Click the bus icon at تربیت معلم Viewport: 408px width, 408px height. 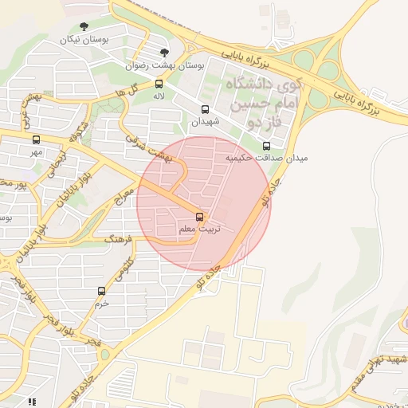(x=199, y=216)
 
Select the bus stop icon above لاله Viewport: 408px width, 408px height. (x=159, y=84)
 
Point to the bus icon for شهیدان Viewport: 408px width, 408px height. (x=205, y=110)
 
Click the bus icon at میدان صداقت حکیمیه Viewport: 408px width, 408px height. (x=266, y=146)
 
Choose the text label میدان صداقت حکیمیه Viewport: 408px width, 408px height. (x=266, y=159)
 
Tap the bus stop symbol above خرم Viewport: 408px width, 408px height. (x=101, y=292)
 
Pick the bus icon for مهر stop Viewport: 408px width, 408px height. (x=37, y=138)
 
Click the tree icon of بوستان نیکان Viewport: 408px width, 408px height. (x=85, y=26)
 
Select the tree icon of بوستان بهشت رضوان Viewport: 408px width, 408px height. (x=165, y=53)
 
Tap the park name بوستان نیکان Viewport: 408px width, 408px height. (x=84, y=38)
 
